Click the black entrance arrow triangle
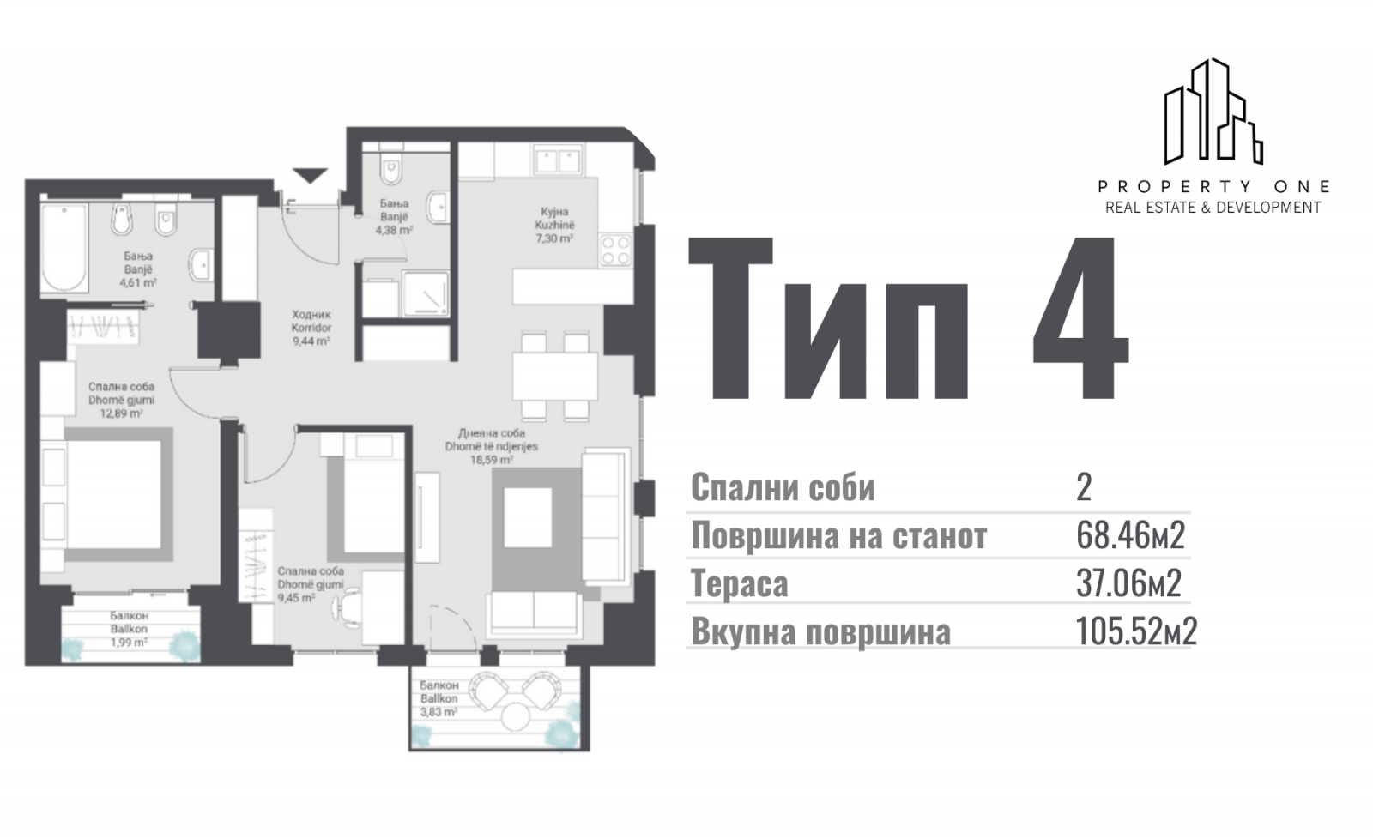310,175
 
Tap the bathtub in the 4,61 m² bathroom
64,247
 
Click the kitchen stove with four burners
615,250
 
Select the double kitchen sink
557,160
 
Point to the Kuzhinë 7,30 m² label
554,225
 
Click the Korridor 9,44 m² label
311,328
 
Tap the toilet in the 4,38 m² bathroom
390,168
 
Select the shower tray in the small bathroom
426,294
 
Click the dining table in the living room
555,377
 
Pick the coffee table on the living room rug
528,517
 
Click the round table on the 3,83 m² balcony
515,716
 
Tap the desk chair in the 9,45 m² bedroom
347,607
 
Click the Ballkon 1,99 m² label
130,629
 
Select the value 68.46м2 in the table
1130,535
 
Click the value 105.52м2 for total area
1136,631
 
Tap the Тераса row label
739,582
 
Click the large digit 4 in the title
1080,318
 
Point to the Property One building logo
1213,112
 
